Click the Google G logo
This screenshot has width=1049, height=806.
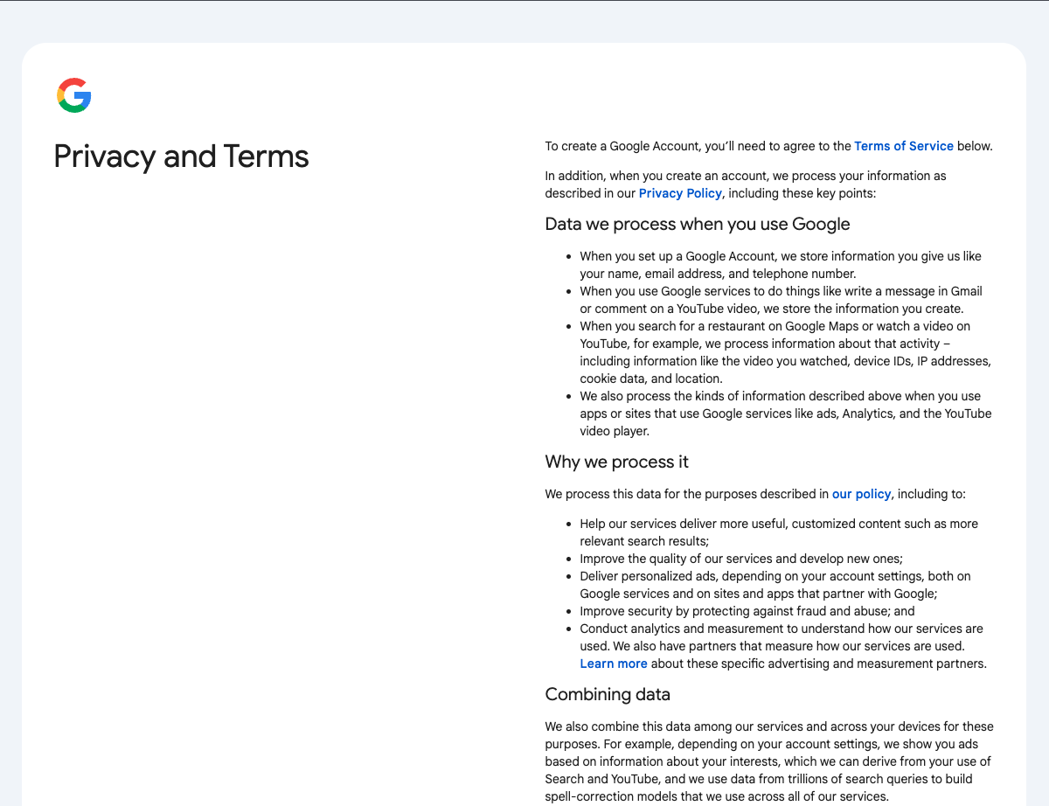[x=74, y=95]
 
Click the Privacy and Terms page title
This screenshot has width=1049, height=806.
[x=181, y=156]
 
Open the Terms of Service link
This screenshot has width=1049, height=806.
[x=903, y=146]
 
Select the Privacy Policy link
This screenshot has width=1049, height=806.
[x=680, y=193]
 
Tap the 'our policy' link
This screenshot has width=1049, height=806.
[x=861, y=494]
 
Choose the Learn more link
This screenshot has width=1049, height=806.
[x=614, y=664]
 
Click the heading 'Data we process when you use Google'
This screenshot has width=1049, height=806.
[x=697, y=224]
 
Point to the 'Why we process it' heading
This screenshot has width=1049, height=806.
[x=616, y=462]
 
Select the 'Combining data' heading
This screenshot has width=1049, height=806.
[x=608, y=694]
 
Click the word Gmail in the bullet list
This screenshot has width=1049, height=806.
[x=966, y=291]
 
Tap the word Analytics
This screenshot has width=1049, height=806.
[x=870, y=413]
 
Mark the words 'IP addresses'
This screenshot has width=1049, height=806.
[x=954, y=361]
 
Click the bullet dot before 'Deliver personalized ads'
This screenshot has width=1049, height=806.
[x=569, y=576]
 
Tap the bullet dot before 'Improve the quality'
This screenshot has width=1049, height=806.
[x=569, y=559]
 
